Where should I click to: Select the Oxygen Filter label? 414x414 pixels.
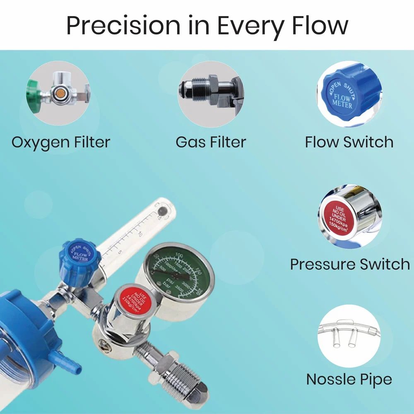coord(61,142)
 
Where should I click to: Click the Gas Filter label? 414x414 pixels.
coord(211,142)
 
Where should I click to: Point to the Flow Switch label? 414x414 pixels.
coord(349,142)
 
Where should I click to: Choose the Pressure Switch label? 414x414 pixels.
coord(350,264)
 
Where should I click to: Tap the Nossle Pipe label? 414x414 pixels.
coord(349,379)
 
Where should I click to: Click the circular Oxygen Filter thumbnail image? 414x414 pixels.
coord(58,94)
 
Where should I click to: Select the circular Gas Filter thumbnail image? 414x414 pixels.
coord(210,94)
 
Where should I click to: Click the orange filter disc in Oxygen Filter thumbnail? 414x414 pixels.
coord(59,91)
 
